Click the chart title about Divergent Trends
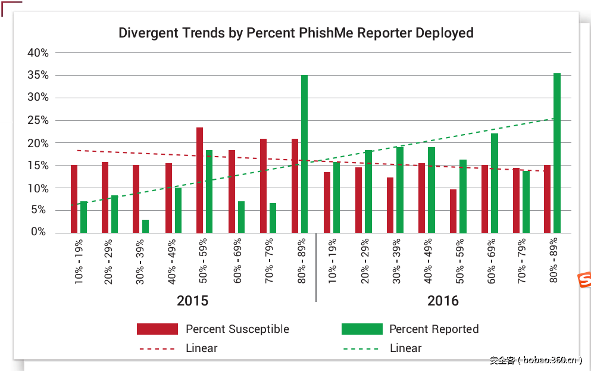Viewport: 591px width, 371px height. pyautogui.click(x=296, y=33)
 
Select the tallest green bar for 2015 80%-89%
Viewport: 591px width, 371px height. pyautogui.click(x=304, y=154)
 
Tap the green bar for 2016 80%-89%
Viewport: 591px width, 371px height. pyautogui.click(x=557, y=153)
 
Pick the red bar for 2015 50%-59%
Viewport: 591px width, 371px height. pyautogui.click(x=200, y=180)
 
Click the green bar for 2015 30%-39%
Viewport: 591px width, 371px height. pyautogui.click(x=145, y=226)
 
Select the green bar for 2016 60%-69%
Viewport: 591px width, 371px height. pyautogui.click(x=495, y=183)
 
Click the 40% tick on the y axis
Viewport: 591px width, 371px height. pyautogui.click(x=38, y=52)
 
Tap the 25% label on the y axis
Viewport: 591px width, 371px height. pyautogui.click(x=38, y=120)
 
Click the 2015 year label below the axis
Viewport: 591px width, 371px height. pyautogui.click(x=192, y=301)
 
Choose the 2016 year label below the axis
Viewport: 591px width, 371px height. pyautogui.click(x=443, y=301)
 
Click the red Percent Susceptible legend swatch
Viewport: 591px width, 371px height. pyautogui.click(x=157, y=329)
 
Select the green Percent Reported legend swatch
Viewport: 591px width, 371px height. pyautogui.click(x=361, y=329)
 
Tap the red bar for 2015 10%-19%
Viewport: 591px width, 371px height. pyautogui.click(x=74, y=199)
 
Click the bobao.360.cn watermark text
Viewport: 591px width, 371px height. pyautogui.click(x=536, y=360)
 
